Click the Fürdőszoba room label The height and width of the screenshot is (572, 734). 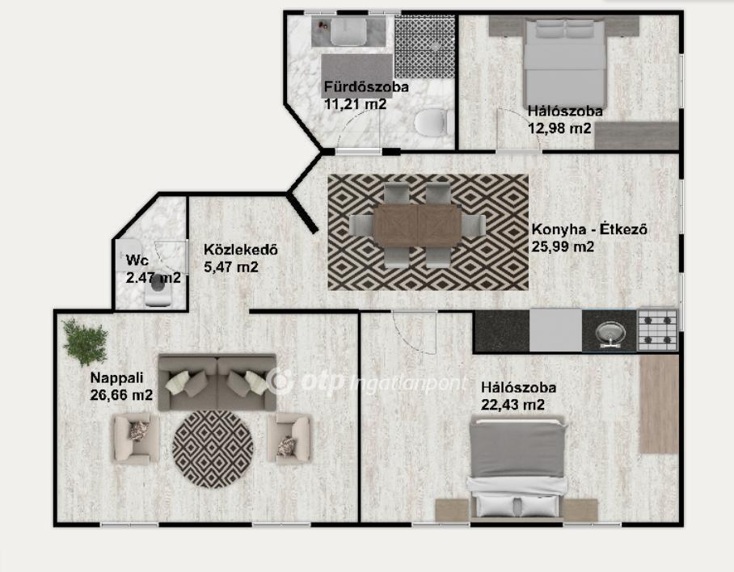366,87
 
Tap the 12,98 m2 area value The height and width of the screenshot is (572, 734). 559,128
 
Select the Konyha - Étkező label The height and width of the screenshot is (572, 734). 589,229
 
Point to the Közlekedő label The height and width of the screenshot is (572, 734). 241,250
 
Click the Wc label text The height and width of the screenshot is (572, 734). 137,260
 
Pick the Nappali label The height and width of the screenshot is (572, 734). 116,377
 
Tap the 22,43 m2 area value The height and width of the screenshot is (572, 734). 513,405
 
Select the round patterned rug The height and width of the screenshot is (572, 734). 213,449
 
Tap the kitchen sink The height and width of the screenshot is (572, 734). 610,333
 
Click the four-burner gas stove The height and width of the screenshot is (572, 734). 658,330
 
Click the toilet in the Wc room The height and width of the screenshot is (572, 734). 158,289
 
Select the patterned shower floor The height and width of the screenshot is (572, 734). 424,47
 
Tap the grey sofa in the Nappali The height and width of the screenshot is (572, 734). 217,382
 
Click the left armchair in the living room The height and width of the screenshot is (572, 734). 136,439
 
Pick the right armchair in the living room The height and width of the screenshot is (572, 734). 289,439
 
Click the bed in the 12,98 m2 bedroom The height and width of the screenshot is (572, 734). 565,64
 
